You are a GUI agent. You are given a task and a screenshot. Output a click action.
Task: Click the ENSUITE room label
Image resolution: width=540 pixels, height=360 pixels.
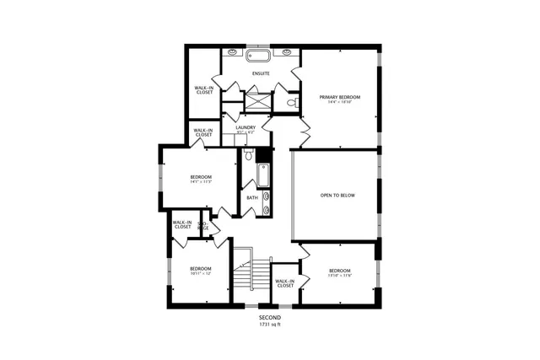(261, 73)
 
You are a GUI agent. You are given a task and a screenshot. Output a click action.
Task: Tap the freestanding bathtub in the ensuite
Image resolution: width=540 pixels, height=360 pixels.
(259, 56)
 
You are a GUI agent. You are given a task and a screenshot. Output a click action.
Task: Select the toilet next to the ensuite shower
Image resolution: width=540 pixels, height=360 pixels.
(291, 102)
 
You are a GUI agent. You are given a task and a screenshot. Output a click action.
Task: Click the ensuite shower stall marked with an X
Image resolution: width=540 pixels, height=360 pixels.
(256, 100)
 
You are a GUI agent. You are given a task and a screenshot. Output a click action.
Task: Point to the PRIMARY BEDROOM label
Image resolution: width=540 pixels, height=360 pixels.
(339, 97)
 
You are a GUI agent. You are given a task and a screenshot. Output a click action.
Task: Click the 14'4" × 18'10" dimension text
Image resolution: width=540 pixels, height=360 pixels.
(339, 103)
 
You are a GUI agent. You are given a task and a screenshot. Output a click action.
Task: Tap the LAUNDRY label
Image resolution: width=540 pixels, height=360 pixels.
(246, 127)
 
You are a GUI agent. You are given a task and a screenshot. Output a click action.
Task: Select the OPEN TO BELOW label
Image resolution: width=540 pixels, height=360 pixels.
(335, 196)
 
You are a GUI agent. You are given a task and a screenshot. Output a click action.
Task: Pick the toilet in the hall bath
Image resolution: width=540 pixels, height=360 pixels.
(249, 155)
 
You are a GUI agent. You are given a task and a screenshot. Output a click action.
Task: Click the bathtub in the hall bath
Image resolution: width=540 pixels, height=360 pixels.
(263, 175)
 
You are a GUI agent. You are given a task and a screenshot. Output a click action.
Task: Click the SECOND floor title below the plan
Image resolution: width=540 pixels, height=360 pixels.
(270, 317)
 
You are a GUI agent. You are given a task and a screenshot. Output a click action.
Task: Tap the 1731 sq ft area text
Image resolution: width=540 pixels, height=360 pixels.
(270, 324)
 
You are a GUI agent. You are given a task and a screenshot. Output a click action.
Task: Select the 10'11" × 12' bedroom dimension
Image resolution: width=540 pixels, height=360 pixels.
(200, 274)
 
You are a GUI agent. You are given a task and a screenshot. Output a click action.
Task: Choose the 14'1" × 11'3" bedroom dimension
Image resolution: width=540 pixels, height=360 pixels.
(200, 181)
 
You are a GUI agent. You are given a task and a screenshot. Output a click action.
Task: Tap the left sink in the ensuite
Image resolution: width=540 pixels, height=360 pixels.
(232, 52)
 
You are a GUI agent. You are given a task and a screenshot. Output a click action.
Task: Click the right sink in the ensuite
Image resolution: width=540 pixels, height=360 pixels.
(287, 52)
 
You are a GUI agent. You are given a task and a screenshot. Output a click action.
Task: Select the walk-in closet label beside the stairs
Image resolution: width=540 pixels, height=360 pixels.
(285, 283)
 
